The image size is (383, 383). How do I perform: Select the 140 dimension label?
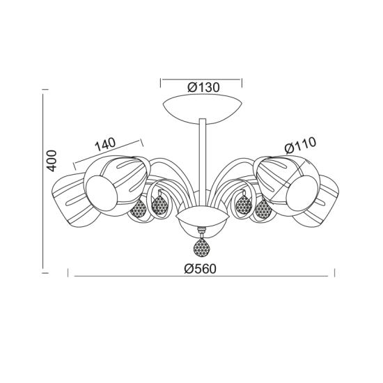104,144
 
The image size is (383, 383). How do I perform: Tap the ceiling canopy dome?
201,108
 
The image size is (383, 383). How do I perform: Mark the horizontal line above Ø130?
201,79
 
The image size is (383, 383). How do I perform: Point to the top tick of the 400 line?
45,91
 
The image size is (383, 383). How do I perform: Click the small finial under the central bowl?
202,234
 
